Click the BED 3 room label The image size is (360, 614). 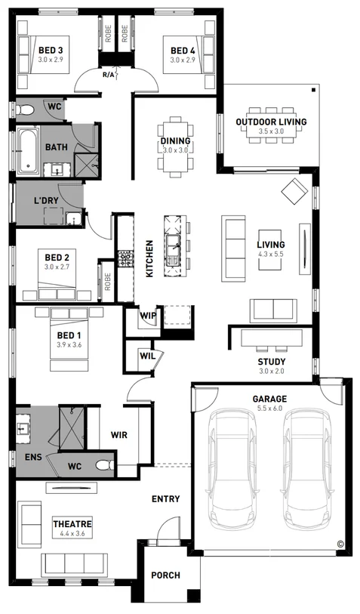(x=51, y=50)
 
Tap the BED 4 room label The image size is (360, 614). (x=182, y=50)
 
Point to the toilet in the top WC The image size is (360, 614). (x=26, y=110)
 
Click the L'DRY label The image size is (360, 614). (x=48, y=201)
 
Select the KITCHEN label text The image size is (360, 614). (x=149, y=258)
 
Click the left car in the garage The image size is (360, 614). (x=232, y=468)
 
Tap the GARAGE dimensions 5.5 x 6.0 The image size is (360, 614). (x=269, y=407)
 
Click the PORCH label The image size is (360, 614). (x=165, y=575)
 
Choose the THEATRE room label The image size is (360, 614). (x=72, y=523)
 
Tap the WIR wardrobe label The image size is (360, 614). (x=118, y=435)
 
